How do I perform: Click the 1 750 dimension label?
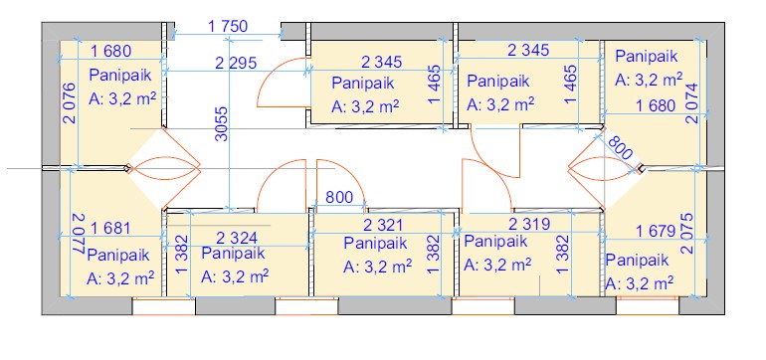[x=228, y=26]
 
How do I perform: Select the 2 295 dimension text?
[x=236, y=63]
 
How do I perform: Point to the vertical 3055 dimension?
[x=222, y=124]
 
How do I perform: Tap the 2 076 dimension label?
[x=70, y=103]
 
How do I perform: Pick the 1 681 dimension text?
[x=110, y=228]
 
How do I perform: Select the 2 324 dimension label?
[x=237, y=238]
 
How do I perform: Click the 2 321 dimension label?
[x=383, y=225]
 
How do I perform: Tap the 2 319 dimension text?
[x=529, y=224]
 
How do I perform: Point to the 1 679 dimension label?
[x=656, y=231]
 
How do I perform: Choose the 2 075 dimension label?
[x=686, y=233]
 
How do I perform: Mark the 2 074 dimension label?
[x=691, y=103]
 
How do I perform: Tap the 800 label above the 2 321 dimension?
[x=339, y=197]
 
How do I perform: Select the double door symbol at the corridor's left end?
[x=164, y=168]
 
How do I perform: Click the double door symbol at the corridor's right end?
[x=605, y=169]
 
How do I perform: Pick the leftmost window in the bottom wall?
[x=164, y=306]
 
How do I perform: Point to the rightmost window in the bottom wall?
[x=648, y=305]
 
